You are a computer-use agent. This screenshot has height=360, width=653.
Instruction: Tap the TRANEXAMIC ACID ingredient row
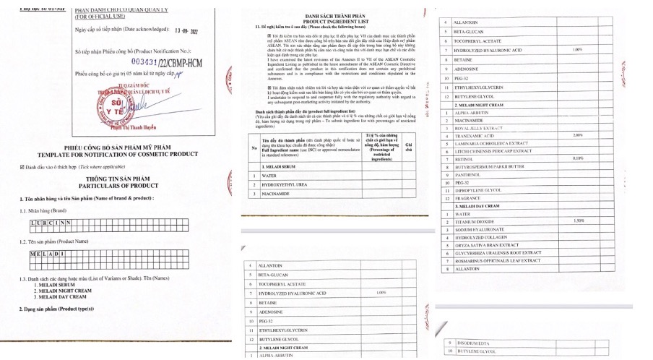(x=474, y=136)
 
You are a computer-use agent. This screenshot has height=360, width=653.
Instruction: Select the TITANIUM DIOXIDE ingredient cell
(x=475, y=221)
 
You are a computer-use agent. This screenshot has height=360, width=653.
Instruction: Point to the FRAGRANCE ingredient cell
(x=468, y=197)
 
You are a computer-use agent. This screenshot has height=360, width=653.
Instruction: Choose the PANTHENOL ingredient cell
(x=469, y=174)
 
